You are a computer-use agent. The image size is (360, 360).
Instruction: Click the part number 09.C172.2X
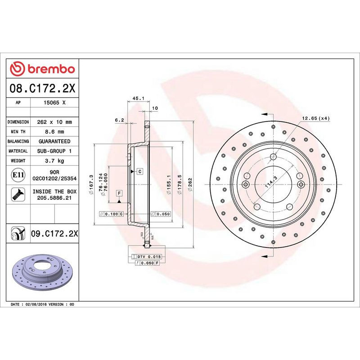point(54,233)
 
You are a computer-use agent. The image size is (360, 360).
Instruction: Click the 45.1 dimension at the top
point(138,98)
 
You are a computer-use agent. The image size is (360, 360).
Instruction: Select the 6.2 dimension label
point(119,120)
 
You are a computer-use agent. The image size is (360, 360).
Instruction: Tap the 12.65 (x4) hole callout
point(315,118)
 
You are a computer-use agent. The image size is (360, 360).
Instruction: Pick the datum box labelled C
point(140,171)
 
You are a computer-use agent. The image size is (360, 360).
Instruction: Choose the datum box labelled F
point(119,193)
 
